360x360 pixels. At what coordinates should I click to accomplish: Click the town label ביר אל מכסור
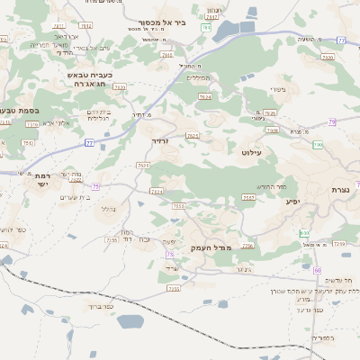162,22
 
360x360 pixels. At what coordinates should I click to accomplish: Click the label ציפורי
278,88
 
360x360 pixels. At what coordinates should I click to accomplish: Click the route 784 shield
206,28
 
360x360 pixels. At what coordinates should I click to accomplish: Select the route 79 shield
332,121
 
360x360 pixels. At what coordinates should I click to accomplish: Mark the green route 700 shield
318,144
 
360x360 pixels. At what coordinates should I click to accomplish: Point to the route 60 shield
317,269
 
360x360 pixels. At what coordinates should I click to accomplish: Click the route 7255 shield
112,240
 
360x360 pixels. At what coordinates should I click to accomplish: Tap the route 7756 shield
247,246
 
